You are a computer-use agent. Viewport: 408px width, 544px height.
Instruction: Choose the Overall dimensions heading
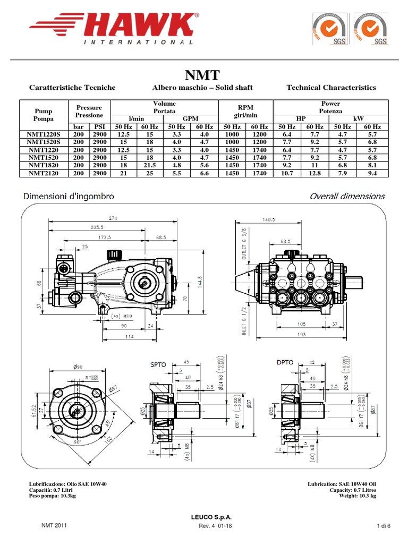pyautogui.click(x=347, y=196)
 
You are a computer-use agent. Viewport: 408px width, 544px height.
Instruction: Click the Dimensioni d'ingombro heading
pyautogui.click(x=68, y=196)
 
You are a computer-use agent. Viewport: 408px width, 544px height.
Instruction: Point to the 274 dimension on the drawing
pyautogui.click(x=112, y=218)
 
